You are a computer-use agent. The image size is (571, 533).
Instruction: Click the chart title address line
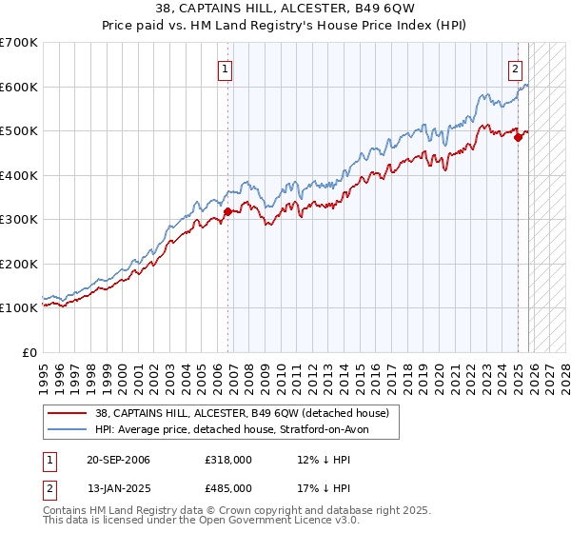pyautogui.click(x=285, y=9)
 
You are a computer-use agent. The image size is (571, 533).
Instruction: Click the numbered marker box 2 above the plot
pyautogui.click(x=515, y=68)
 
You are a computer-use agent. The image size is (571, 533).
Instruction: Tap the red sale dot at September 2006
pyautogui.click(x=228, y=212)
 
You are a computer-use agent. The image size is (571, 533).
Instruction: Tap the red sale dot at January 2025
pyautogui.click(x=519, y=138)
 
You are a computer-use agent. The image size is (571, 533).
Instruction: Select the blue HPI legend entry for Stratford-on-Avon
pyautogui.click(x=237, y=429)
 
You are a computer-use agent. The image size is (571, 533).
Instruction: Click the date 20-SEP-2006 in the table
pyautogui.click(x=118, y=460)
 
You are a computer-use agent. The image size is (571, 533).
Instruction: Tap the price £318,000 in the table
pyautogui.click(x=227, y=460)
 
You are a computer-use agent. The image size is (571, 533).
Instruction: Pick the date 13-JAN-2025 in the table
pyautogui.click(x=118, y=487)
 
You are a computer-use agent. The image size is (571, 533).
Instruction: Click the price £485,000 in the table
pyautogui.click(x=227, y=487)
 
